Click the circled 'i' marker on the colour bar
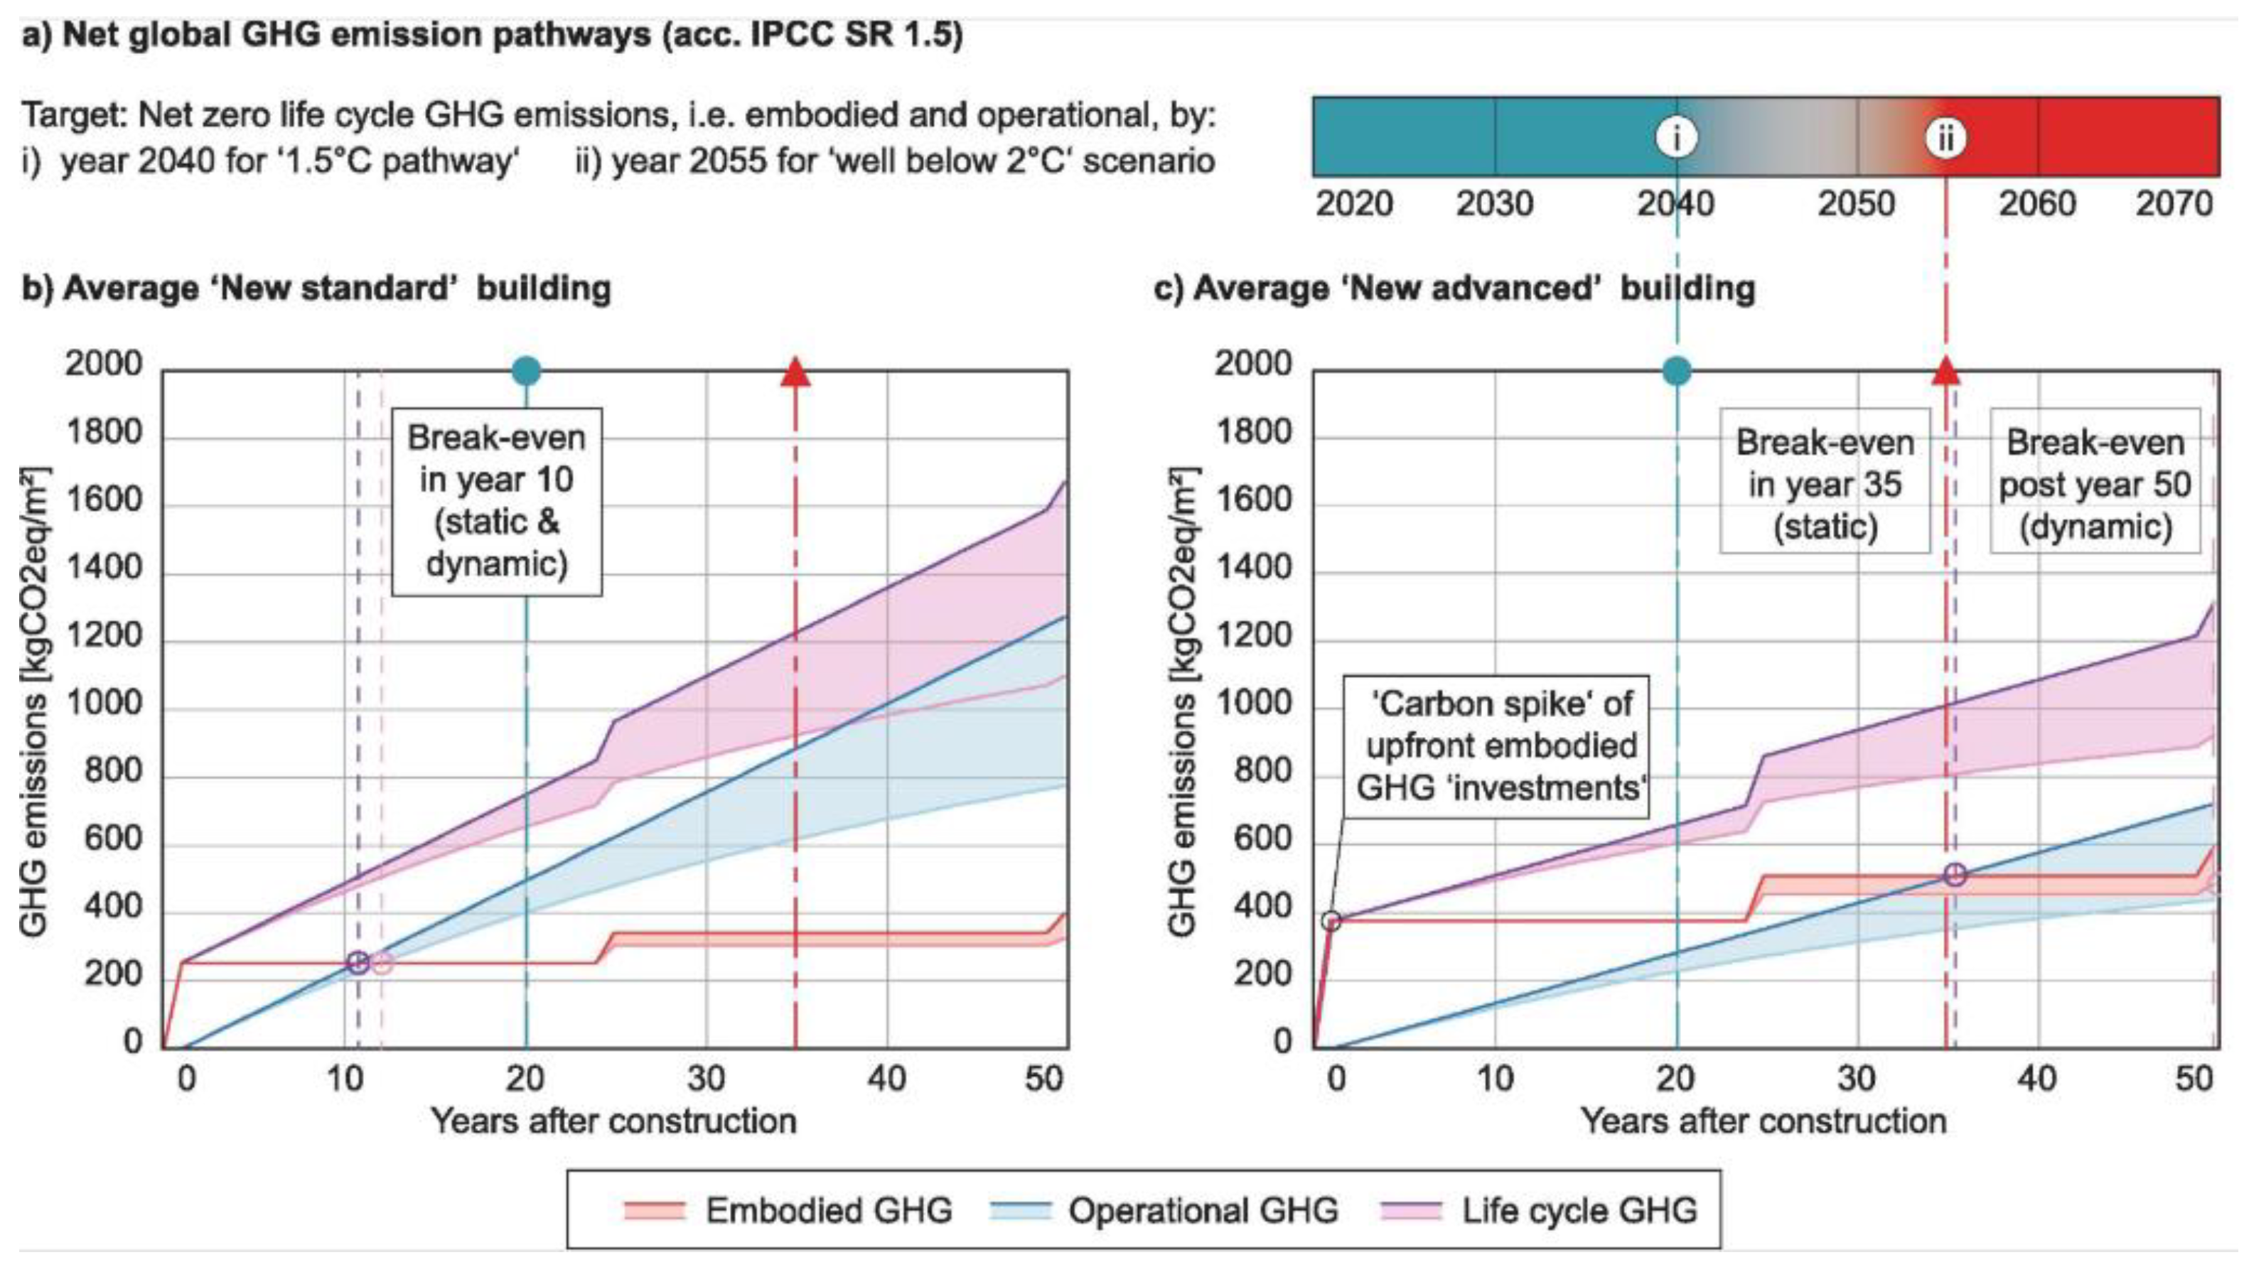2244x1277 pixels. (1675, 138)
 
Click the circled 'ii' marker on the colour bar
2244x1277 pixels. (1945, 138)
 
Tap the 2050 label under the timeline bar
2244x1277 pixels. (1855, 203)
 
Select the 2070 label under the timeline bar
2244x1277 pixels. (2174, 203)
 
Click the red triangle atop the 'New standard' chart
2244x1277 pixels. (795, 373)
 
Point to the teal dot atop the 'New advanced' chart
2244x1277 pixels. (1675, 371)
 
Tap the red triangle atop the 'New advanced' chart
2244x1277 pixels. (1945, 373)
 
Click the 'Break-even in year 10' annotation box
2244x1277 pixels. (497, 501)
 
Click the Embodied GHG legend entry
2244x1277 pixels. (788, 1210)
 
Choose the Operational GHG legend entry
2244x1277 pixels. (1164, 1210)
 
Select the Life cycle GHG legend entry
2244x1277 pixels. (1540, 1210)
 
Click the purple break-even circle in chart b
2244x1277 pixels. (358, 962)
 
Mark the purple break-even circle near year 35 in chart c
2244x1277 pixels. (1955, 875)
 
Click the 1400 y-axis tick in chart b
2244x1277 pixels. (104, 569)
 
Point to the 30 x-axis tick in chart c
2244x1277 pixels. (1855, 1078)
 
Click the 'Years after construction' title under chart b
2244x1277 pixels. (613, 1121)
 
